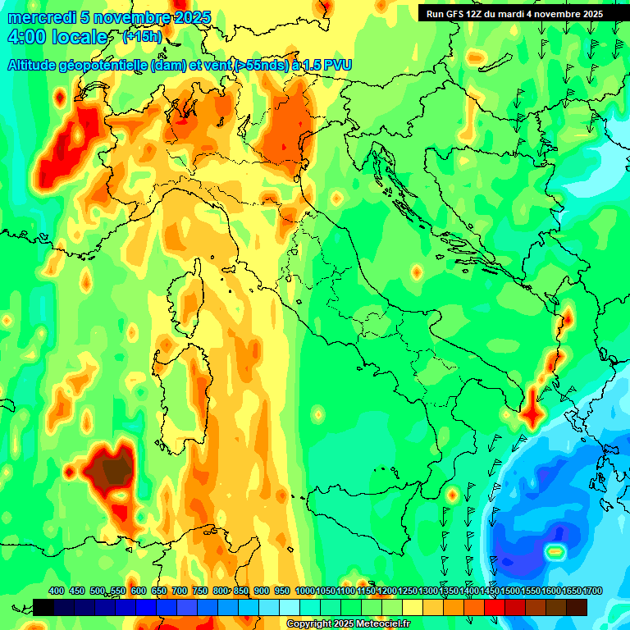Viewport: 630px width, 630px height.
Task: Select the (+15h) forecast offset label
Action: pyautogui.click(x=142, y=37)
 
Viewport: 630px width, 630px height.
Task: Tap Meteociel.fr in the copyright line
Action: pyautogui.click(x=377, y=624)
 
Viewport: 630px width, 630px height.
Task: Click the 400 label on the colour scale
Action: pyautogui.click(x=57, y=591)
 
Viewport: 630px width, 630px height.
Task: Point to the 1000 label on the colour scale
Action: pyautogui.click(x=305, y=591)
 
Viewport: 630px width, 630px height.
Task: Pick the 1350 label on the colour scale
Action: pyautogui.click(x=449, y=591)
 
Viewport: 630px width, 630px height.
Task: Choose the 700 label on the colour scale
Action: pyautogui.click(x=179, y=591)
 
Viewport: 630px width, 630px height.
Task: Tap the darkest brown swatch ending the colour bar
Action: pyautogui.click(x=577, y=607)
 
